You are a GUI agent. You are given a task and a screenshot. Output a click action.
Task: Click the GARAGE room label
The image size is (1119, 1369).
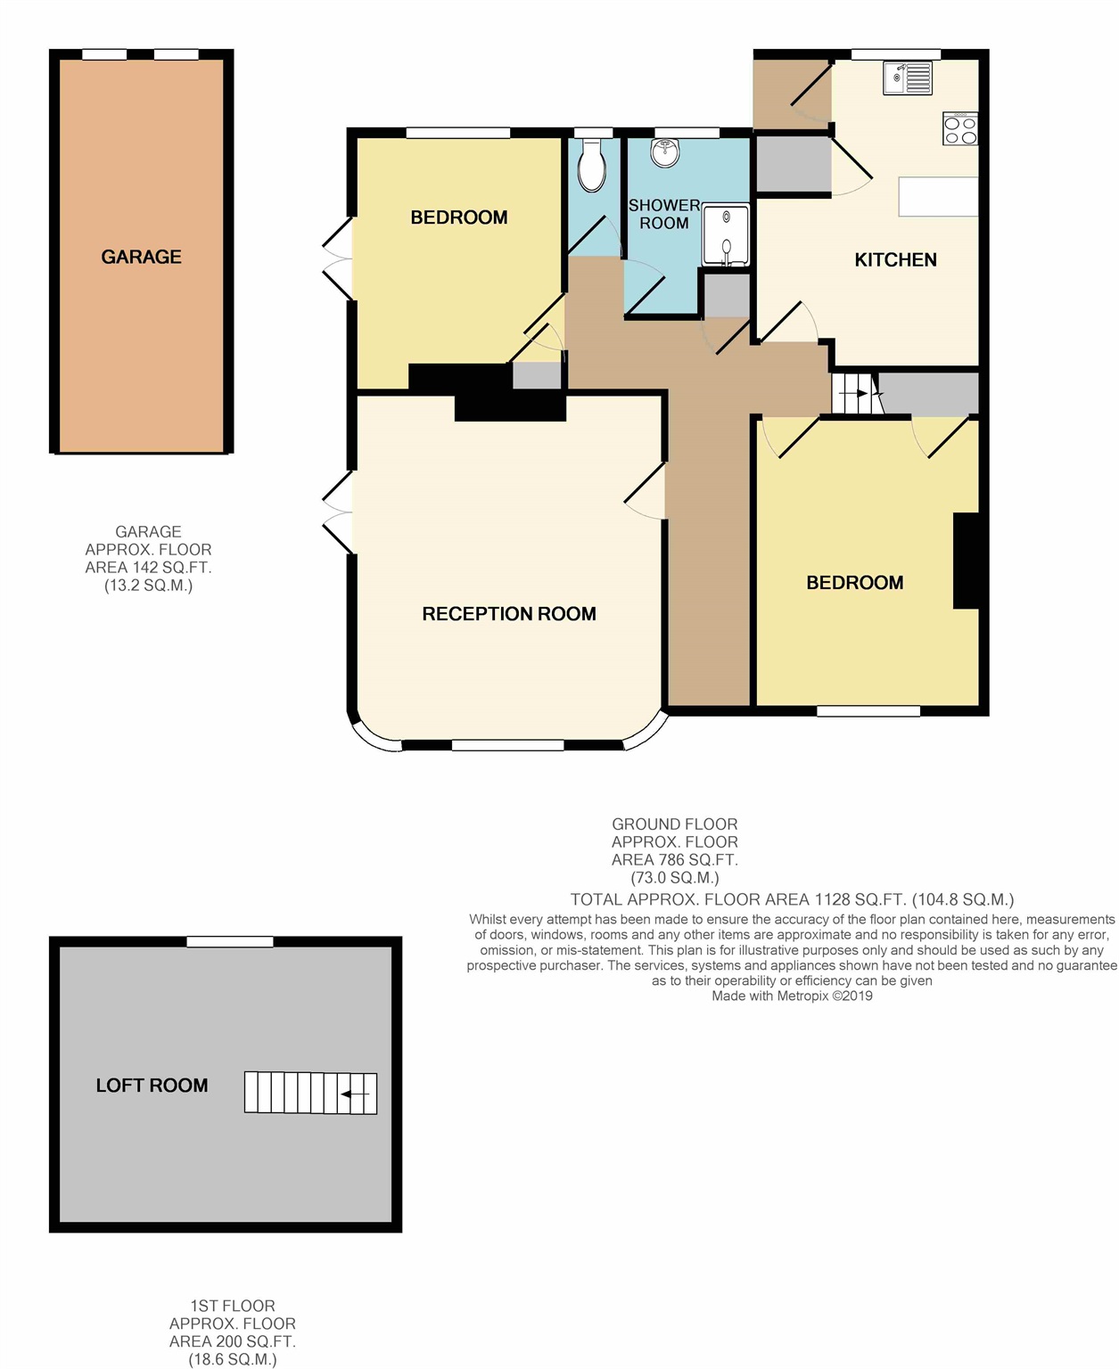(x=141, y=257)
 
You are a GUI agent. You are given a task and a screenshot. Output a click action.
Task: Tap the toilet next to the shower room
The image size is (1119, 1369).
(x=591, y=167)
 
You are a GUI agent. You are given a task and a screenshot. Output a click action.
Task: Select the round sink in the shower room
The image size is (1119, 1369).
(x=664, y=153)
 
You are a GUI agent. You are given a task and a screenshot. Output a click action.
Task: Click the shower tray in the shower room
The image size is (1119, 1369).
(x=726, y=235)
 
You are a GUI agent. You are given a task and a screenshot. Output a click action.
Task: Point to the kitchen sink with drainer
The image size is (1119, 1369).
(x=908, y=78)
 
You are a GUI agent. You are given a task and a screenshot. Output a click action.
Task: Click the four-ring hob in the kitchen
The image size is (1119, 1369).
(x=960, y=129)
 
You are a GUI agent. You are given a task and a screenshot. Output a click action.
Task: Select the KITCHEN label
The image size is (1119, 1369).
(x=895, y=260)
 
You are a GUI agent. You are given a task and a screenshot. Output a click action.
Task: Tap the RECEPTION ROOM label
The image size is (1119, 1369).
(x=508, y=614)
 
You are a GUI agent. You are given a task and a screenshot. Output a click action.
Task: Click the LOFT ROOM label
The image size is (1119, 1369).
(x=152, y=1086)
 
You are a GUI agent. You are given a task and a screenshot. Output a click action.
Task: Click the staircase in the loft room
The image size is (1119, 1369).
(x=310, y=1093)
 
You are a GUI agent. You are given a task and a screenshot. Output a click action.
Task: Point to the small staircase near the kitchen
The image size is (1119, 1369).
(x=854, y=393)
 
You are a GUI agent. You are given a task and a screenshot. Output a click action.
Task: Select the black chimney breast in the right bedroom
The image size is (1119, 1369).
(x=967, y=561)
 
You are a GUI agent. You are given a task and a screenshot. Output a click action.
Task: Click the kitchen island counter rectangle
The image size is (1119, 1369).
(x=938, y=196)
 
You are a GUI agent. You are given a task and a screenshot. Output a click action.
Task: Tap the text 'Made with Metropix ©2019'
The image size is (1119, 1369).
(x=792, y=996)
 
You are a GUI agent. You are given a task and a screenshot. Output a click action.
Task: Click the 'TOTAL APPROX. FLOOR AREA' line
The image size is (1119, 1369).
(x=792, y=899)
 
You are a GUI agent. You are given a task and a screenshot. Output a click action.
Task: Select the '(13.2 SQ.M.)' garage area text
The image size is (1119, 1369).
(x=148, y=586)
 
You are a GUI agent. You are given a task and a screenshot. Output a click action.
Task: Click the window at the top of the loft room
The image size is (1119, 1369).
(x=230, y=941)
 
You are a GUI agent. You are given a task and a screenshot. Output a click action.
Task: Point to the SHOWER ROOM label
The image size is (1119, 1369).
(x=664, y=214)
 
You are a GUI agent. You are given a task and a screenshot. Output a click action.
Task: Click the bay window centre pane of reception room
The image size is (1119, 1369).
(x=507, y=745)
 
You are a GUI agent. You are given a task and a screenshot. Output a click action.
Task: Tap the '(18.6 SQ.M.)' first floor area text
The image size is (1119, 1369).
(x=232, y=1359)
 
